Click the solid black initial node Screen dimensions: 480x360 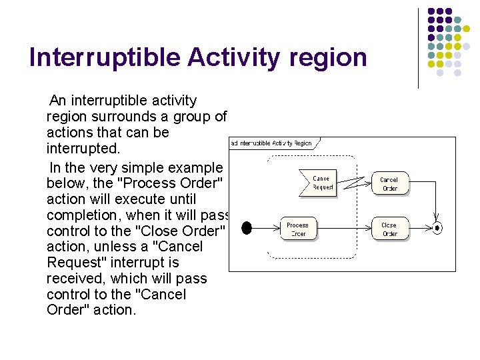247,228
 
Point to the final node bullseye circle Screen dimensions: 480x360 437,228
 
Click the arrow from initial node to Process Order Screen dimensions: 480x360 265,228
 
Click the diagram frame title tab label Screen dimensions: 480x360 272,143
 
